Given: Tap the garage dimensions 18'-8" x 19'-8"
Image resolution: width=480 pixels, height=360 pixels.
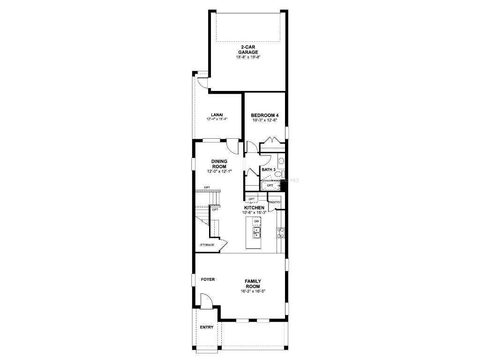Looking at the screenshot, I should point(248,57).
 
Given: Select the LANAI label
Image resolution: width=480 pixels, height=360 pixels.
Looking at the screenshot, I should point(217,114).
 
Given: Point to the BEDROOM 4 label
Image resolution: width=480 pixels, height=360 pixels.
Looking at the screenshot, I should point(265,115).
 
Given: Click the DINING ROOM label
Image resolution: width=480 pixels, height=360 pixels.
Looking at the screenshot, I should point(219,164).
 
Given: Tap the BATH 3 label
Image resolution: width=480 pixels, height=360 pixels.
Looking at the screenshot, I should point(268,169).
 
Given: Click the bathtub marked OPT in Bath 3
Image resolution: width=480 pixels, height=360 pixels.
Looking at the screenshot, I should point(271,186).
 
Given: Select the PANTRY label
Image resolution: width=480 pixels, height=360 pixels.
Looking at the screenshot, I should point(275,202).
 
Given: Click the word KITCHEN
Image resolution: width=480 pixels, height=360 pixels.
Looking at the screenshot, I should point(254,208).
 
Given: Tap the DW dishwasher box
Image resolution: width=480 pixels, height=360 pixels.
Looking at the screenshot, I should point(256,221).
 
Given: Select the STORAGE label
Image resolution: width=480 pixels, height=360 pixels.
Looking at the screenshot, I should point(208,245).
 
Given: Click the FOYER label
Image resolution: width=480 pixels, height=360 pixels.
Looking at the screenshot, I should point(208,279).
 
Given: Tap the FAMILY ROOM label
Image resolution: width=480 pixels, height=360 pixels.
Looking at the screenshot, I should point(253,284).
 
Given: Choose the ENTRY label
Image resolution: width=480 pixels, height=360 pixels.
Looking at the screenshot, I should point(207,327).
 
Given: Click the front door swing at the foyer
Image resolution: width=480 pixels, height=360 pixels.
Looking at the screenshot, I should point(206,300).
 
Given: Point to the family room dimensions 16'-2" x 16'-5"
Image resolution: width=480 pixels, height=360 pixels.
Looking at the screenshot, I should point(253,291).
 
